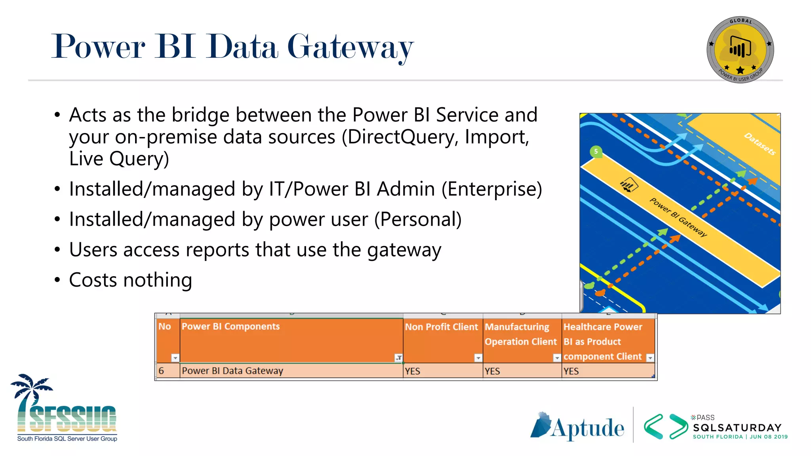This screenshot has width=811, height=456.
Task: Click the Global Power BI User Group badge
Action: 740,50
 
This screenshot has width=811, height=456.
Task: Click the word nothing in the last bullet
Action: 158,280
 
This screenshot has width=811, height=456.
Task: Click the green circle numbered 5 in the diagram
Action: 596,152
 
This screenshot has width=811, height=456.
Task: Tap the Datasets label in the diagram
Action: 759,144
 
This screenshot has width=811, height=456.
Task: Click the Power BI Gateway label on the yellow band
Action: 678,217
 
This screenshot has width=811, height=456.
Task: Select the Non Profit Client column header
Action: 441,327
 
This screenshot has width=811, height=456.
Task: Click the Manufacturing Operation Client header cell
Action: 520,334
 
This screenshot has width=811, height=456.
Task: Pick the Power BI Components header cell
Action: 230,327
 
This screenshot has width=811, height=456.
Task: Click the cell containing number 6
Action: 162,371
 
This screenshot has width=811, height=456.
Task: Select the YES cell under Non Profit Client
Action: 413,371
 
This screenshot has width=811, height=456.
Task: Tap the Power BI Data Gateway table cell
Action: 232,371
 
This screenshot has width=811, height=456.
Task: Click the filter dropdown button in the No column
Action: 175,358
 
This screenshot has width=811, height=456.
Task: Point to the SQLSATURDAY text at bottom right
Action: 737,427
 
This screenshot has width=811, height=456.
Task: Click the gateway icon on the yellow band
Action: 629,185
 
